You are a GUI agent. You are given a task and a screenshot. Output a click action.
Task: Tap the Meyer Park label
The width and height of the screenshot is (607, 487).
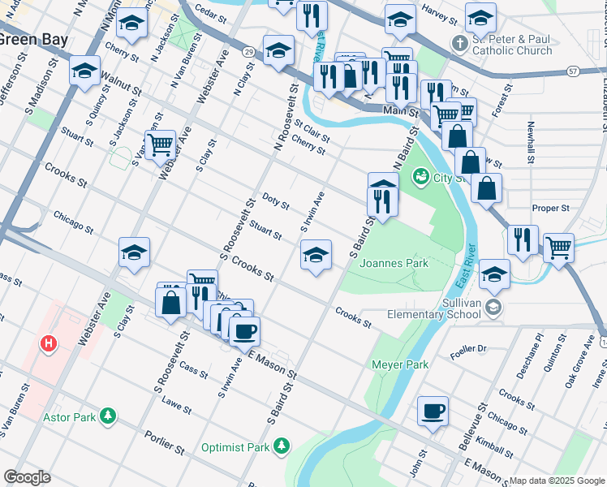[x=399, y=364]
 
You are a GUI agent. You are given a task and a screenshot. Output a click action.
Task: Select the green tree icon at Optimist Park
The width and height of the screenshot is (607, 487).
[x=281, y=445]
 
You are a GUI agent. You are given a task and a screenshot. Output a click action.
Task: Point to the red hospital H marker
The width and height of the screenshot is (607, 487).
[x=50, y=344]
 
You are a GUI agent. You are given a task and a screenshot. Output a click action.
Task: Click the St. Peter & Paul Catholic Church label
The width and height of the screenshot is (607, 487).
[x=512, y=45]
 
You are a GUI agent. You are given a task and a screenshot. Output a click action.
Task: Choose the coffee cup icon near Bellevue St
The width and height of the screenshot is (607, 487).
[x=433, y=411]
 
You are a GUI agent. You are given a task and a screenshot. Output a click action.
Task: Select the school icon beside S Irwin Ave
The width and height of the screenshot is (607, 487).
[x=316, y=256]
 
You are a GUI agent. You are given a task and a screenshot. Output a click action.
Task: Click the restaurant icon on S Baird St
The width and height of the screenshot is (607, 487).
[x=382, y=199]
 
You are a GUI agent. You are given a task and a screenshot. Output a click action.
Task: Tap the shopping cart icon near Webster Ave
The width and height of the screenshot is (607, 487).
[x=161, y=145]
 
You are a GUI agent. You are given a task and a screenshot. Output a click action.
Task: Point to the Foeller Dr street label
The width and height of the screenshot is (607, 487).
[x=470, y=349]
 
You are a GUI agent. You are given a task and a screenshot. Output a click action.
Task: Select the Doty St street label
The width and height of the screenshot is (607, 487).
[x=276, y=200]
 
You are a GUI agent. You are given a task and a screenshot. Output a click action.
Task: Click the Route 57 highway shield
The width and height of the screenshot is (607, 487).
[x=573, y=71]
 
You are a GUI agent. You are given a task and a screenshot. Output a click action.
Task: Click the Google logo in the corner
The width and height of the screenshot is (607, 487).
[x=28, y=477]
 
